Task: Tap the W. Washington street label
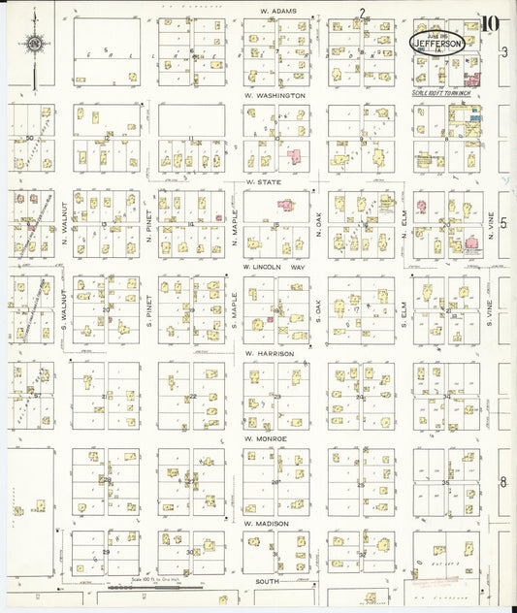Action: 275,96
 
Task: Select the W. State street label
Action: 262,180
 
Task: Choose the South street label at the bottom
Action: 269,581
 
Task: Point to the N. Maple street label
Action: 235,224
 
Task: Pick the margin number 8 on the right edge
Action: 503,482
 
